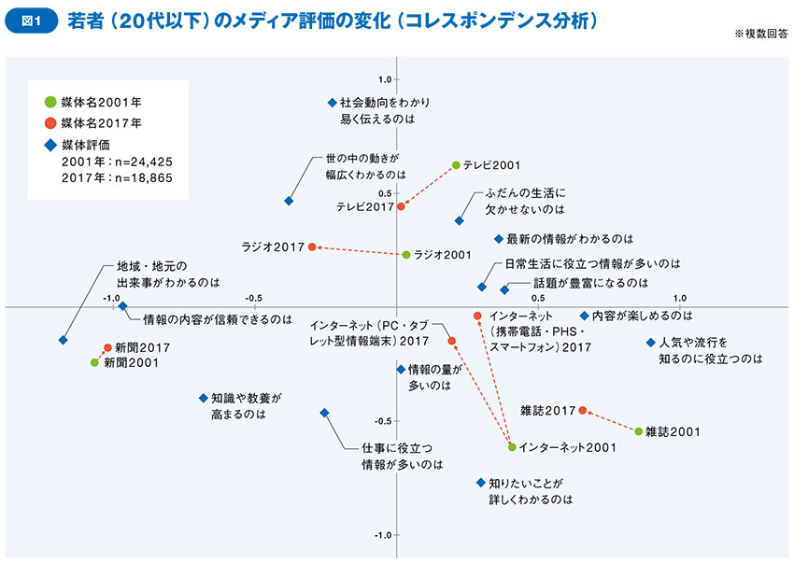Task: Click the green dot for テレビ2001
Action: (456, 165)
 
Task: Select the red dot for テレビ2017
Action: (402, 206)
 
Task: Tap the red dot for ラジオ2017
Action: (313, 246)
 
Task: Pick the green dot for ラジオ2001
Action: (406, 254)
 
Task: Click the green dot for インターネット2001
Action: (512, 447)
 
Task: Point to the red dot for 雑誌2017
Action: (583, 410)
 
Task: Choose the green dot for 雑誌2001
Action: (638, 431)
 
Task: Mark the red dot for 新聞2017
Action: (107, 347)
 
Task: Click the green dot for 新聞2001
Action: (94, 362)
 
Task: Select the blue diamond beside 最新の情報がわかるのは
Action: (499, 239)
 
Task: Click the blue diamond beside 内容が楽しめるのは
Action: (584, 316)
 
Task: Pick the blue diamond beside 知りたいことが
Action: (480, 483)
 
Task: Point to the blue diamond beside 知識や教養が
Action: (203, 398)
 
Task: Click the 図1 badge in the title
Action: (29, 19)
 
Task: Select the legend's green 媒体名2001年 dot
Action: (50, 101)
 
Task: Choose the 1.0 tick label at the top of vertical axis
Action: (384, 80)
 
